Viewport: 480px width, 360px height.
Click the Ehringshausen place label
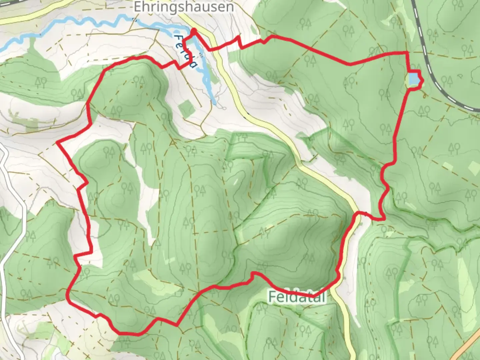[x=184, y=7]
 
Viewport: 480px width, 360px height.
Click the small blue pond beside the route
[x=413, y=79]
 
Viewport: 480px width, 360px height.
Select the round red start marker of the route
[x=193, y=31]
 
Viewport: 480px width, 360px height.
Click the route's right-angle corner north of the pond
[x=407, y=53]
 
